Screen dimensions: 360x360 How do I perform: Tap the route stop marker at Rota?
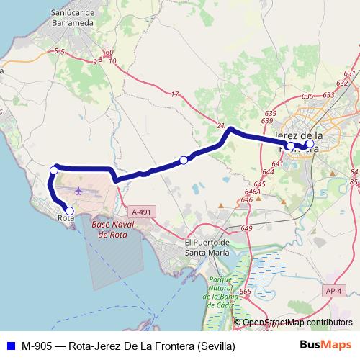coord(69,211)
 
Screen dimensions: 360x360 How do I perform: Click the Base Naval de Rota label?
coord(111,229)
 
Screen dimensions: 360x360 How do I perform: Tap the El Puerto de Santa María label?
coord(208,247)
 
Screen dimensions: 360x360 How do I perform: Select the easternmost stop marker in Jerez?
coord(310,144)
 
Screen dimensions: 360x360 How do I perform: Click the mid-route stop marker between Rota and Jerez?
coord(184,159)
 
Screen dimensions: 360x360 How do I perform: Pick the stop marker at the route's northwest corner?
coord(54,170)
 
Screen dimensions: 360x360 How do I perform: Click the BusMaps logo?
coord(325,346)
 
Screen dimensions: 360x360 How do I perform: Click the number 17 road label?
coord(175,94)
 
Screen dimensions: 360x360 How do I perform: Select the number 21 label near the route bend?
coord(220,125)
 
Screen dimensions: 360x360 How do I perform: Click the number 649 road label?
coord(246,228)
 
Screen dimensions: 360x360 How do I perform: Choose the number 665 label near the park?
coord(246,292)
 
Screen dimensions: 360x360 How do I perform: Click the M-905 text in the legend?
coord(36,346)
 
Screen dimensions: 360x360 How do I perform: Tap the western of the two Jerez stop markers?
coord(290,146)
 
